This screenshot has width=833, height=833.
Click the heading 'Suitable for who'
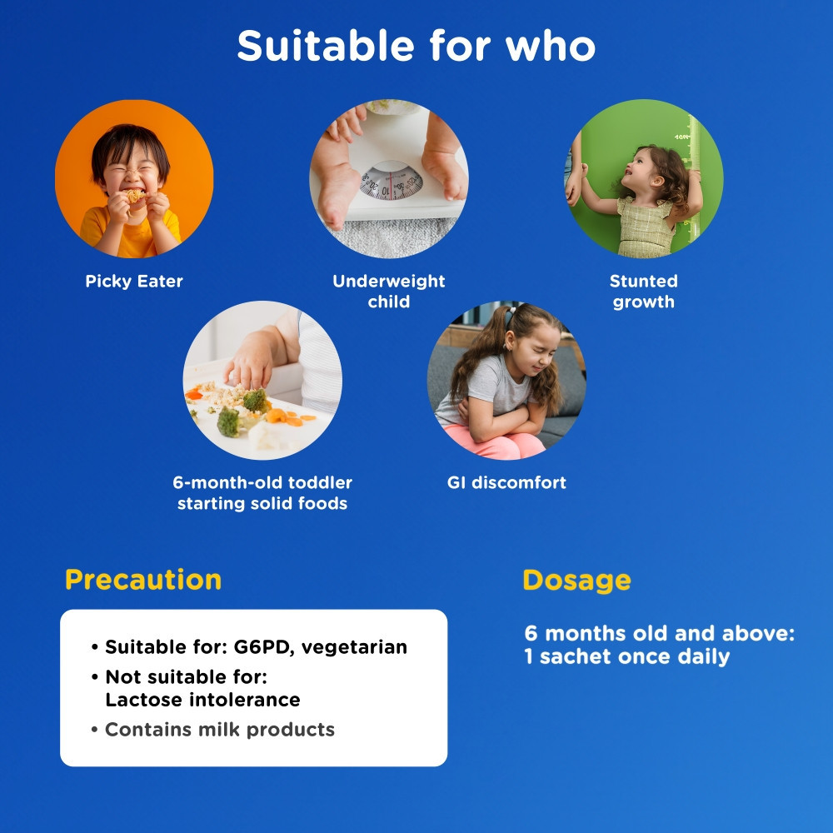pos(416,46)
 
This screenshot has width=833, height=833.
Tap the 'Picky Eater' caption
pos(134,282)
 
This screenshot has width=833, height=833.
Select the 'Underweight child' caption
pos(389,291)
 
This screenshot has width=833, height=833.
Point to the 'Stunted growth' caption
pos(643,291)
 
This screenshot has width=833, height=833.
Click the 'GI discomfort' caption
pos(506,482)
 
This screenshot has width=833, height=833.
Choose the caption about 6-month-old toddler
pos(262,493)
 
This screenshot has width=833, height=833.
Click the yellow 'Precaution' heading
pos(143,580)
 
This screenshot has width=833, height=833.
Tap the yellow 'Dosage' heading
pos(577,581)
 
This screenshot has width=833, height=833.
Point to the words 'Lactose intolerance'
pos(203,700)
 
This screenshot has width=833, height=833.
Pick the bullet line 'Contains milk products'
pos(213,730)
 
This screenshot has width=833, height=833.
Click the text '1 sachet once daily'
pos(627,656)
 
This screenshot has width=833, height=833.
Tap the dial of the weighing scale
pos(392,181)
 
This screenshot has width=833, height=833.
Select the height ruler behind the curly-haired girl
pos(693,181)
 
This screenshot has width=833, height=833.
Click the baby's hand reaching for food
pos(248,363)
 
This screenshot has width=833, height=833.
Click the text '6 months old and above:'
pos(659,633)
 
